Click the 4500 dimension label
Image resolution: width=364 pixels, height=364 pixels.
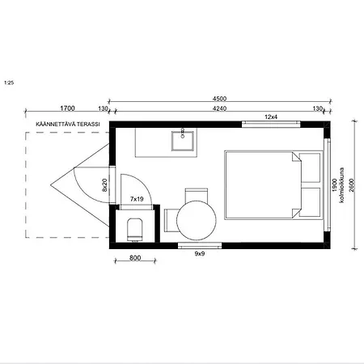[219, 99]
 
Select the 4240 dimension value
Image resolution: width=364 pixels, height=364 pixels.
[219, 108]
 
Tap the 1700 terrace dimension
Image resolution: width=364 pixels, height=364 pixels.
[67, 108]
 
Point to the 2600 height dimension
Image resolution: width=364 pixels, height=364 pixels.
[351, 185]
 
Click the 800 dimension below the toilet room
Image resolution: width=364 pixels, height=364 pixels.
[135, 258]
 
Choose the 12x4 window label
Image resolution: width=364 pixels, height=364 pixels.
[271, 116]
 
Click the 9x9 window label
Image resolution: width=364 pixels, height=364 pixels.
[200, 253]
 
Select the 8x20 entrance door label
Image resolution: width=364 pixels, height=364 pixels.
[104, 185]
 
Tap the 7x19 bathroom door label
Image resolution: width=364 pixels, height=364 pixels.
[137, 199]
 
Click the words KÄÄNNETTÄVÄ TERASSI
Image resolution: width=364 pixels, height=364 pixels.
[68, 124]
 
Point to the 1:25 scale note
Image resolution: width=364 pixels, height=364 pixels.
[9, 83]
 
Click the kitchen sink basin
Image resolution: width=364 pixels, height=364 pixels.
[183, 141]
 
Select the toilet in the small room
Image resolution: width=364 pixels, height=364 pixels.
[135, 230]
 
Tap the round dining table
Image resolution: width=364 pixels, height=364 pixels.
[197, 220]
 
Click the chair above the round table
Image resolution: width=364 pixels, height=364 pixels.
[197, 195]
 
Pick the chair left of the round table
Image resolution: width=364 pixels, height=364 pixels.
[171, 220]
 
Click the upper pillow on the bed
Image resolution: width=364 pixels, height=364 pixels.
[310, 167]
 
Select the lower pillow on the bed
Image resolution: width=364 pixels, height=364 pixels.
[310, 202]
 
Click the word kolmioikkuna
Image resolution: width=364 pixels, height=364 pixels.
[342, 185]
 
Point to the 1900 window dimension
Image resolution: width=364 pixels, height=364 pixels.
[335, 185]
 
